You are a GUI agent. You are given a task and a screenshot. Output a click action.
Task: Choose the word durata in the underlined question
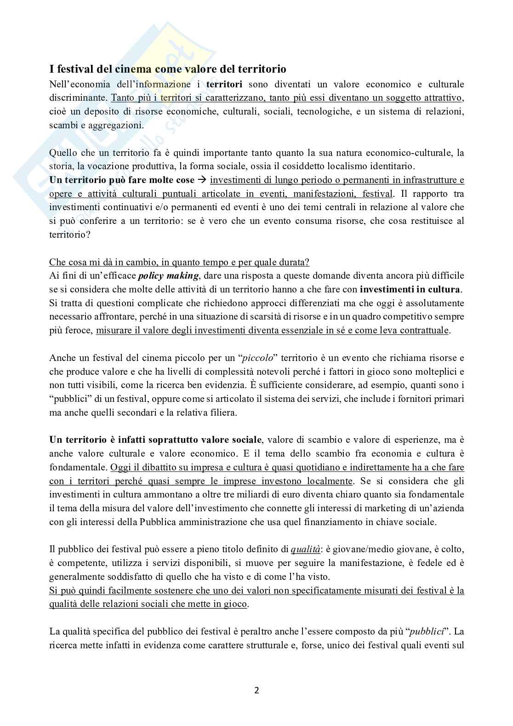click(x=294, y=262)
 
